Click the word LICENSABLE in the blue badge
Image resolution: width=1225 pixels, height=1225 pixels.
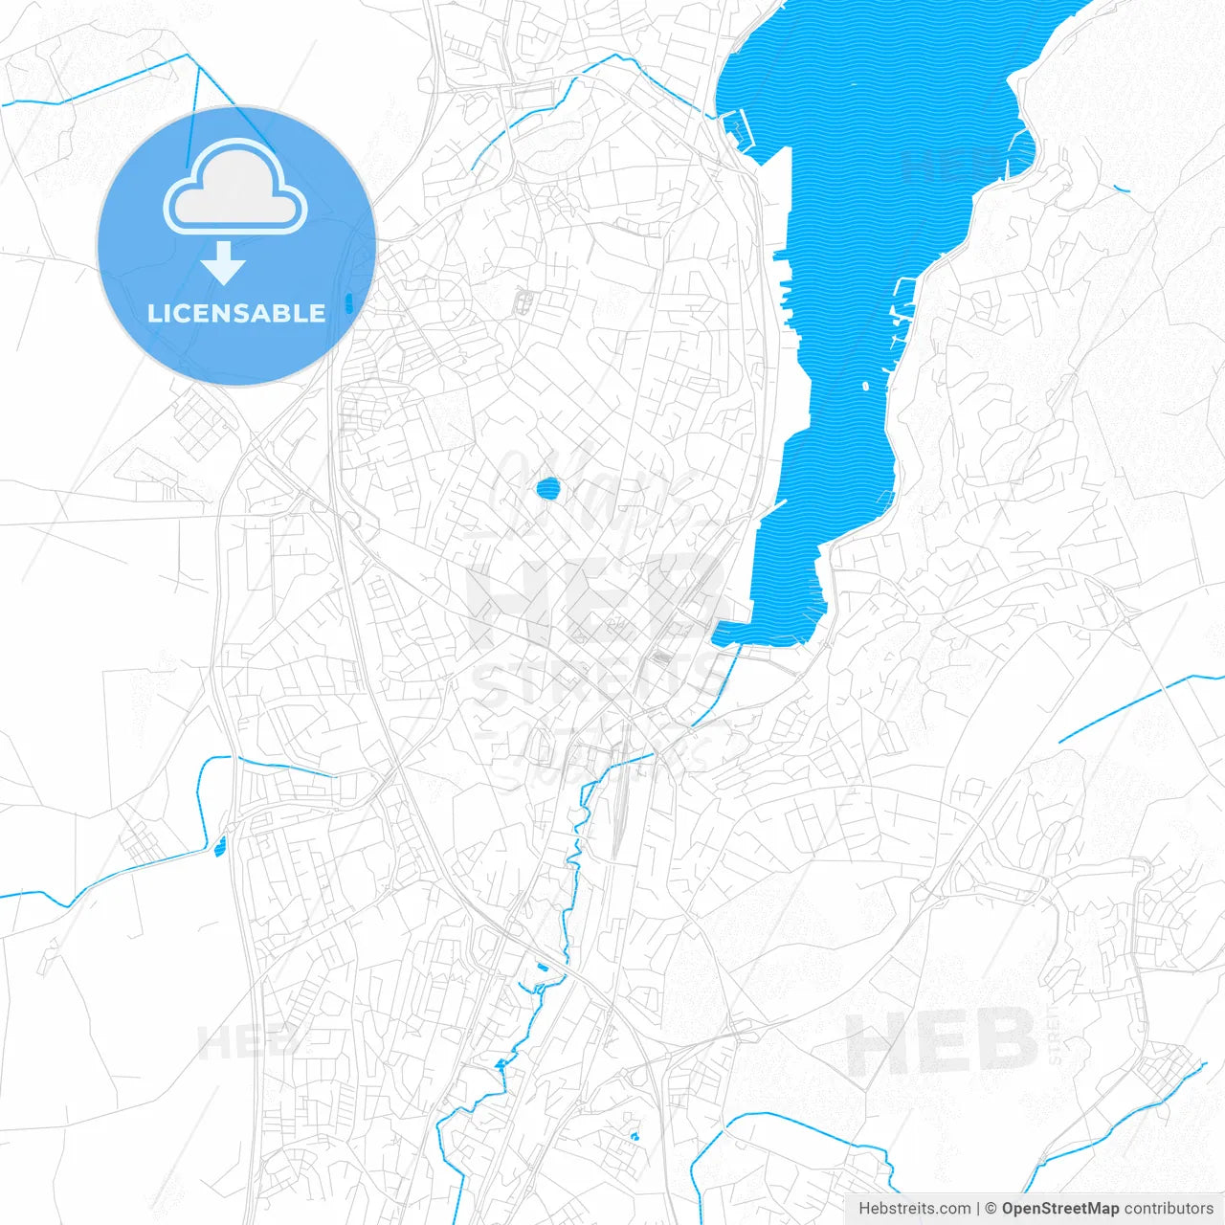(x=235, y=313)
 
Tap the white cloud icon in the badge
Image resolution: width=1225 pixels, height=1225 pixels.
(x=234, y=189)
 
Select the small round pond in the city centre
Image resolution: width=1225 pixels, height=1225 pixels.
(x=547, y=490)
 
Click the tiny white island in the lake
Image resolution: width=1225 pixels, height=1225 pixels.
(x=865, y=387)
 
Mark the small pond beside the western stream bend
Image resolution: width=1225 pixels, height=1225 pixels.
(x=221, y=845)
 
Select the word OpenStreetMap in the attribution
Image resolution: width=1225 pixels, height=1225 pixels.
(x=1060, y=1209)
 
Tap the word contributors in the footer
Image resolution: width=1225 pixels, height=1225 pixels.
(x=1169, y=1209)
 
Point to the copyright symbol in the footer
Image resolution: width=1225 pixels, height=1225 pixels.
(x=991, y=1209)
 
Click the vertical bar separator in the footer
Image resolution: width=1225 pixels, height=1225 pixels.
(x=978, y=1209)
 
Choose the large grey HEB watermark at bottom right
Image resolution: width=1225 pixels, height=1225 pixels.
(x=943, y=1041)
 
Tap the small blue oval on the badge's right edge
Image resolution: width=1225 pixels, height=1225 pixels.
(x=349, y=304)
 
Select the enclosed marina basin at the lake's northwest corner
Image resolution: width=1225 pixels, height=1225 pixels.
(x=733, y=125)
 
